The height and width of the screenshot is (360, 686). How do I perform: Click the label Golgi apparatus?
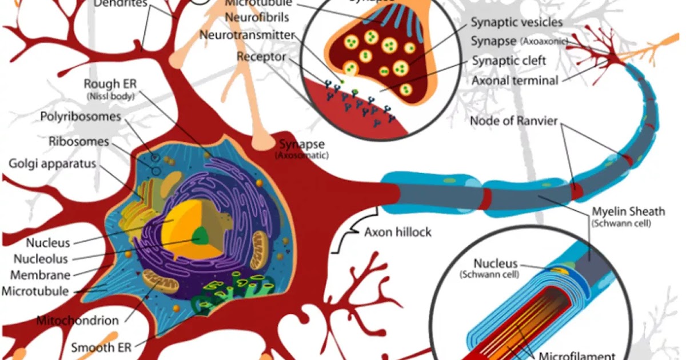point(52,164)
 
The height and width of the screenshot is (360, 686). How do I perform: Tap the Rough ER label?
point(110,85)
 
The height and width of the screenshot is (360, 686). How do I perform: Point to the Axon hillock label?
point(398,232)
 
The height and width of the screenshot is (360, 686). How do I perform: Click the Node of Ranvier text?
point(513,121)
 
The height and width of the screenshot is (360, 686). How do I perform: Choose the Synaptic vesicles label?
point(517,23)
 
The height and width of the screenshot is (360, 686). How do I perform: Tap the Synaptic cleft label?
point(509,61)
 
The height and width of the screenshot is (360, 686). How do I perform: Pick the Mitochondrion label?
point(78,320)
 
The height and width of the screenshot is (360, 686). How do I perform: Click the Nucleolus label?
point(41,259)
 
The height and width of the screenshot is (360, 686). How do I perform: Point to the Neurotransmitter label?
point(247,35)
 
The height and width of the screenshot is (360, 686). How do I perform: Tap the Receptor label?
point(261,57)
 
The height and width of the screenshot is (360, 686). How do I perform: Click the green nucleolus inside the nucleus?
point(200,235)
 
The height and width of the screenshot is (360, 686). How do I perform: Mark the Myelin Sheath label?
point(628,212)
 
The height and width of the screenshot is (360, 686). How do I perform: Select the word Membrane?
point(40,275)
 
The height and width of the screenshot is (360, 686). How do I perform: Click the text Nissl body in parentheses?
point(110,97)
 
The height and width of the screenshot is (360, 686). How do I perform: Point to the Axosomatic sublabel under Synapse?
point(302,155)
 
